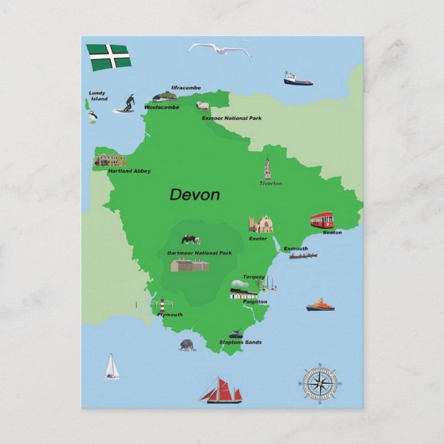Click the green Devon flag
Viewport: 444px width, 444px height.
[x=108, y=57]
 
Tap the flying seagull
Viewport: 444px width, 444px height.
[x=219, y=50]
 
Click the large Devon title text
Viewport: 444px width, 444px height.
[x=195, y=195]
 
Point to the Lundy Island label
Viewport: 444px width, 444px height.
[x=99, y=96]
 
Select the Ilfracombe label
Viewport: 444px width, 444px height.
[x=185, y=88]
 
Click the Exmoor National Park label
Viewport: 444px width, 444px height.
[x=232, y=119]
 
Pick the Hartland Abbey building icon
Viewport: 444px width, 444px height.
[x=110, y=161]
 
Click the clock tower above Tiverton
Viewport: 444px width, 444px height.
[x=268, y=168]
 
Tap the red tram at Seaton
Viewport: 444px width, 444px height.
[x=321, y=220]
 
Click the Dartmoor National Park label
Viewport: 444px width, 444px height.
[x=199, y=253]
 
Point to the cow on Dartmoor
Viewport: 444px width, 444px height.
[x=191, y=239]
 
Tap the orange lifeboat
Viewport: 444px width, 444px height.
[x=320, y=305]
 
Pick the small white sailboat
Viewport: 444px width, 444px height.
[x=111, y=367]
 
